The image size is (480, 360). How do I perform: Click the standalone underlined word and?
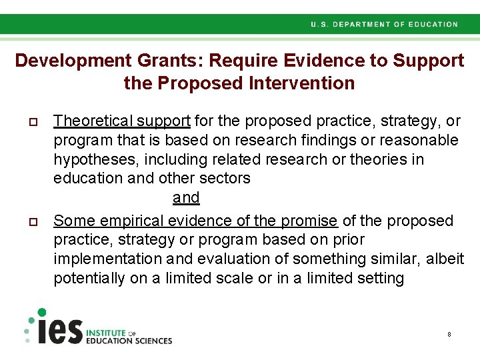pyautogui.click(x=186, y=198)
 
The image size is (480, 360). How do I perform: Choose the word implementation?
pyautogui.click(x=108, y=259)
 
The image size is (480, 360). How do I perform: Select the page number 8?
pyautogui.click(x=449, y=333)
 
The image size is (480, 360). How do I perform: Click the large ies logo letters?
pyautogui.click(x=59, y=329)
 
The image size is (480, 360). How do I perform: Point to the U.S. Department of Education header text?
pyautogui.click(x=384, y=25)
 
